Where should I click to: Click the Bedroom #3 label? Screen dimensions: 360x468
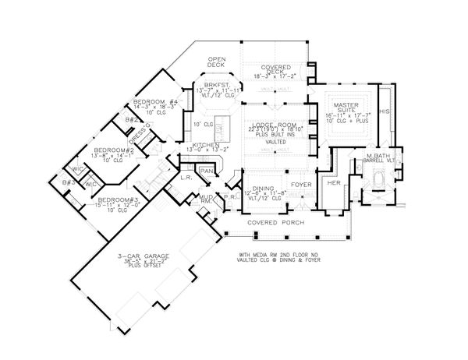pyautogui.click(x=118, y=199)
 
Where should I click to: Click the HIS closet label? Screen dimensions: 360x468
pyautogui.click(x=383, y=111)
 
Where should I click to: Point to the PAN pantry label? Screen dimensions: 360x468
pyautogui.click(x=207, y=169)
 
